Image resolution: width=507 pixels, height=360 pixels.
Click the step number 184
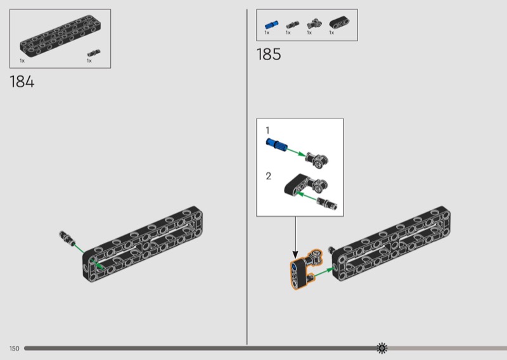tap(22, 82)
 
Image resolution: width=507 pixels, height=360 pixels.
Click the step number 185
tap(269, 55)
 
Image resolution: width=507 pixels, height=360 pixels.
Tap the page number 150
tap(14, 349)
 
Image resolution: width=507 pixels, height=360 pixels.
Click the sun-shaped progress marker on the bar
tap(382, 348)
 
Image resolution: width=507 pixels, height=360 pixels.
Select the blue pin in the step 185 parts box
tap(271, 25)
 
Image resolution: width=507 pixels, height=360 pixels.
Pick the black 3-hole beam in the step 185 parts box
tap(339, 23)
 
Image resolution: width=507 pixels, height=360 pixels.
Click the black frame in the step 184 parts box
tap(60, 36)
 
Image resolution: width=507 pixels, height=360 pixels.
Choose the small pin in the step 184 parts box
tap(93, 53)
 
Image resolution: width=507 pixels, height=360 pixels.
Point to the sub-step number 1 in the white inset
tap(267, 131)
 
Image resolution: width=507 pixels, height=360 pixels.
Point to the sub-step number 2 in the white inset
tap(268, 176)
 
